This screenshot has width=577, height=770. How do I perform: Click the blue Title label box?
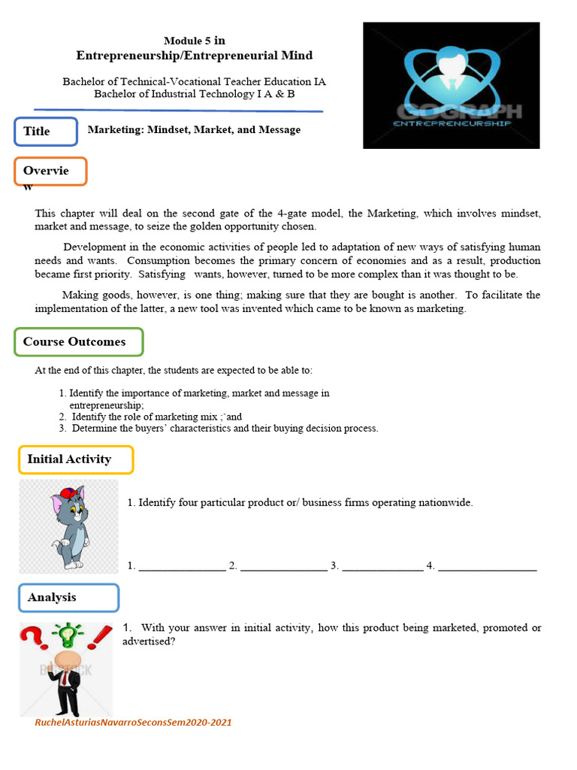coord(46,132)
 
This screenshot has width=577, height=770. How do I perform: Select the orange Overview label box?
coord(50,171)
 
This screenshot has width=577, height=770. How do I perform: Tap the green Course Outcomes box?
coord(79,342)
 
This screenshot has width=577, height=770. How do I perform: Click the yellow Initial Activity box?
coord(76,459)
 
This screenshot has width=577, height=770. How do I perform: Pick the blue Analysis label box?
coord(68,598)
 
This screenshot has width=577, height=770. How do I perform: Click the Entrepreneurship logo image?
coord(451,85)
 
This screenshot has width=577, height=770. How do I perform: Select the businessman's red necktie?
coord(66,678)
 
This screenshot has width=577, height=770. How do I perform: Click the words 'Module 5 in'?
coord(194,41)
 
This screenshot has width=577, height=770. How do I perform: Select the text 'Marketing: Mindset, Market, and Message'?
coord(194,130)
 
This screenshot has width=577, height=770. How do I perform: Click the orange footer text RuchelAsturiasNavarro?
coord(133,723)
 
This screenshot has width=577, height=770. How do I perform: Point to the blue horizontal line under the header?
coord(178,110)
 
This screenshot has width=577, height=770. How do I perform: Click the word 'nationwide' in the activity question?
coord(446,502)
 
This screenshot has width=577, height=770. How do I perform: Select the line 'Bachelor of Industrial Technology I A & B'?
coord(194,94)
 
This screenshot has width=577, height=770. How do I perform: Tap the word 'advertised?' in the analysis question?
coord(149,641)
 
